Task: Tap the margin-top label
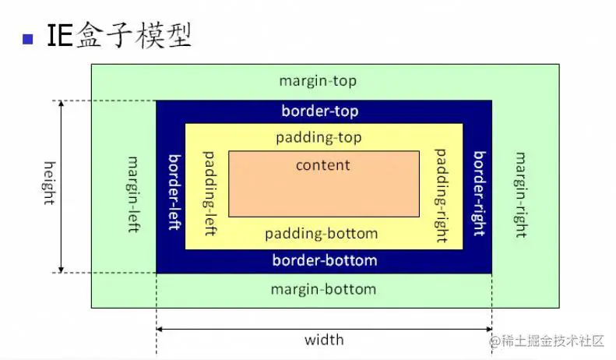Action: point(318,81)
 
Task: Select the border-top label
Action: point(320,111)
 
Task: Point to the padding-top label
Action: point(319,138)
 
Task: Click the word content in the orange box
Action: point(323,165)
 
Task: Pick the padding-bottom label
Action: point(321,234)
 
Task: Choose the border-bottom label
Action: point(324,260)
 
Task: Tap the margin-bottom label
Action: point(323,289)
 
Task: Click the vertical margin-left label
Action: point(133,188)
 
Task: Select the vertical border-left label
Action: point(174,191)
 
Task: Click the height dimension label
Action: point(49,183)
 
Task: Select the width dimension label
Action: point(324,340)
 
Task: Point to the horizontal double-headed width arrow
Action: point(324,329)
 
